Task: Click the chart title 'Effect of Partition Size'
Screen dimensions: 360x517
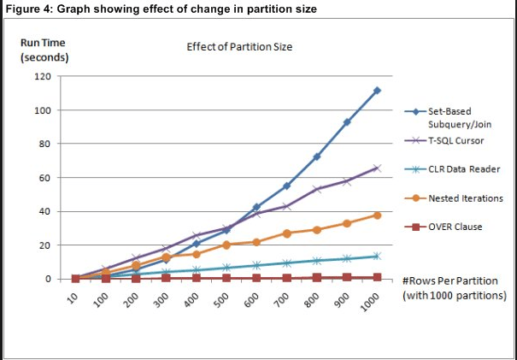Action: click(x=239, y=46)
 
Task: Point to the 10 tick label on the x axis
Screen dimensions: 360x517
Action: click(x=76, y=298)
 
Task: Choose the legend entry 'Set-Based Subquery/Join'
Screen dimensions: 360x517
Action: click(x=461, y=117)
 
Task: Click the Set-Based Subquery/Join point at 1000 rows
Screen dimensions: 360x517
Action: click(x=377, y=91)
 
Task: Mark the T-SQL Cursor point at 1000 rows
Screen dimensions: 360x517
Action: click(x=377, y=168)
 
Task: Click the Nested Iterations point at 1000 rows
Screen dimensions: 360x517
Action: click(x=377, y=215)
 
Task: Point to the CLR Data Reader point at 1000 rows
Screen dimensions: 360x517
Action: click(x=377, y=256)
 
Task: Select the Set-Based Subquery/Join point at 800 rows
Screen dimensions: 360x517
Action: click(x=317, y=157)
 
